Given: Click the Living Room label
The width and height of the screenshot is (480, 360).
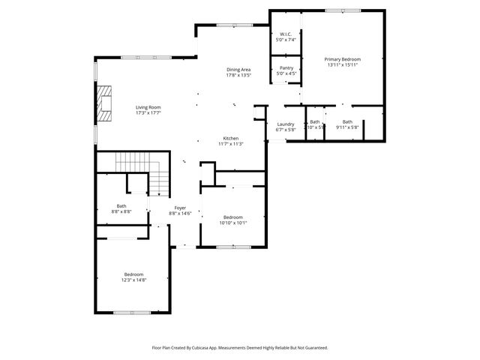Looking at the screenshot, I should [148, 107].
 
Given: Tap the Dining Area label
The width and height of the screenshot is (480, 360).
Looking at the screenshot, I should [238, 69].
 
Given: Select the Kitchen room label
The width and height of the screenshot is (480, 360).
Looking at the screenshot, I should [230, 138].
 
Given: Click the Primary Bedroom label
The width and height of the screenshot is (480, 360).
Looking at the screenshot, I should [342, 58].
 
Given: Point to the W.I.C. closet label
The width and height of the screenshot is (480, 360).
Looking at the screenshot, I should [286, 34].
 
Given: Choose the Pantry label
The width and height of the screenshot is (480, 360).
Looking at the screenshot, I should [286, 67].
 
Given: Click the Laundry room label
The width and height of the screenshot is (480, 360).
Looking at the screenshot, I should [286, 124].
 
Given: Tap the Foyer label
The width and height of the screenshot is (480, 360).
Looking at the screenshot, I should [180, 208].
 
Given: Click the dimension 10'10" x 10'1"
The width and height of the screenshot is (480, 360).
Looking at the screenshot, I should [232, 223].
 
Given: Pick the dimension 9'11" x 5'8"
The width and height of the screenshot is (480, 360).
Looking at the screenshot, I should [347, 127].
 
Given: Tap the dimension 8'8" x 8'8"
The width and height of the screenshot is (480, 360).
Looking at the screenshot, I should [121, 212].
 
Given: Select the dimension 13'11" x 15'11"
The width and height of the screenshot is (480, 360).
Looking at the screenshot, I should [342, 64].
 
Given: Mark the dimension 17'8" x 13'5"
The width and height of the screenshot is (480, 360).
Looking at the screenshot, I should [238, 75].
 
